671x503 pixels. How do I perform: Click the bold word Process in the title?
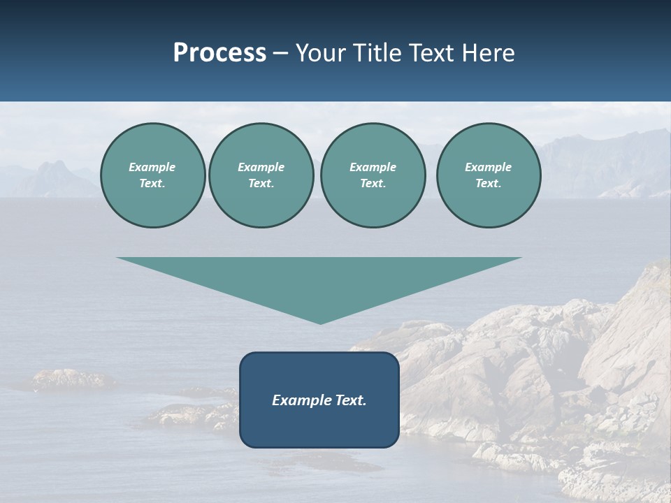coord(219,53)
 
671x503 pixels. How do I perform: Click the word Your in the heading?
coord(320,53)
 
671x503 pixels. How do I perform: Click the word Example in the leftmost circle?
coord(152,167)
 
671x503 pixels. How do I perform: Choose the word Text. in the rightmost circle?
coord(488,184)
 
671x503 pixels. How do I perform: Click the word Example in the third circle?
coord(373,167)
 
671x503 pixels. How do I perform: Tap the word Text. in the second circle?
coord(261,184)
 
